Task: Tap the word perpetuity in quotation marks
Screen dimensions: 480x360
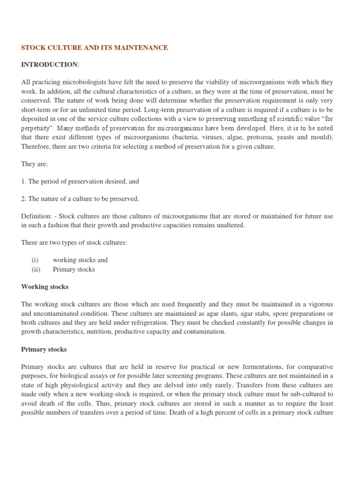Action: pyautogui.click(x=37, y=127)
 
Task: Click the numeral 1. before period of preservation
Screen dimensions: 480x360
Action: pyautogui.click(x=24, y=181)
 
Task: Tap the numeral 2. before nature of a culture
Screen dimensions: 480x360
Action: pyautogui.click(x=24, y=199)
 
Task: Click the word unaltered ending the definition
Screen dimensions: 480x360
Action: pyautogui.click(x=229, y=225)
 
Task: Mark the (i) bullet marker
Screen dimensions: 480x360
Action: pyautogui.click(x=35, y=260)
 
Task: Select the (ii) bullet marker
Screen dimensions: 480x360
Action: pyautogui.click(x=36, y=269)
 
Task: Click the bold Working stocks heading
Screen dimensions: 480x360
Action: pyautogui.click(x=45, y=286)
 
